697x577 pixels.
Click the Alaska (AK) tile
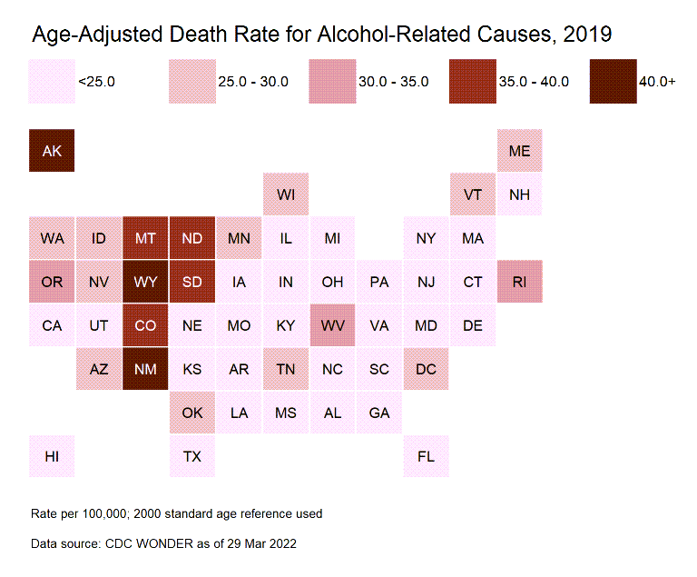(x=52, y=151)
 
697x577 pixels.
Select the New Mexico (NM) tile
(x=145, y=369)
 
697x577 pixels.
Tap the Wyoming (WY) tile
(x=145, y=282)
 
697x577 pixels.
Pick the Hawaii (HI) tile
(x=52, y=456)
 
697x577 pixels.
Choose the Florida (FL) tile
(x=426, y=456)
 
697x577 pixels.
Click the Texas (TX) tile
(x=192, y=456)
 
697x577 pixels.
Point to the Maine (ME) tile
(x=519, y=151)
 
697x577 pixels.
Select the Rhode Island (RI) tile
(x=519, y=282)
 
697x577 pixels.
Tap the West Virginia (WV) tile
(x=332, y=325)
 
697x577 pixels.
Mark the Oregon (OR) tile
(x=52, y=282)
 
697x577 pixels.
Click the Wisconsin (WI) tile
(x=286, y=194)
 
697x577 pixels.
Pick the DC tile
(x=426, y=369)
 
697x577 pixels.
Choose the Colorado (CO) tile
(x=145, y=325)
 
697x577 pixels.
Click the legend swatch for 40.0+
(x=612, y=82)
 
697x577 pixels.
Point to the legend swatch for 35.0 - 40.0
(x=472, y=82)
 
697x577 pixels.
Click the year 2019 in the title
(x=587, y=35)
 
